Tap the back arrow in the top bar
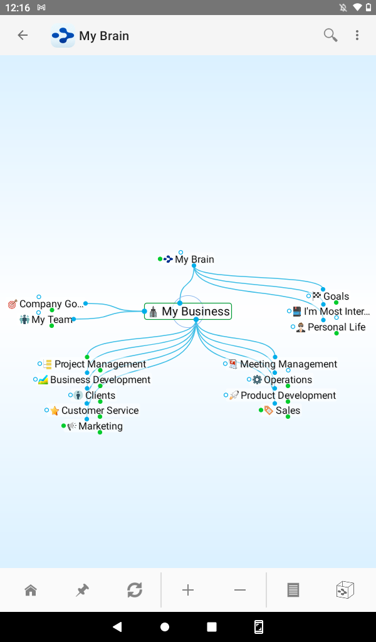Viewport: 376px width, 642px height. (23, 35)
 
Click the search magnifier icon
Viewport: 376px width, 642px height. (330, 35)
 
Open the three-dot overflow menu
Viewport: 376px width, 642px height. (357, 35)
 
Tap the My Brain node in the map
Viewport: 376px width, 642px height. (194, 259)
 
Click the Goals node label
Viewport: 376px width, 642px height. (336, 297)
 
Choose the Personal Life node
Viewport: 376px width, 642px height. (336, 327)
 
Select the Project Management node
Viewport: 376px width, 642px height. (100, 364)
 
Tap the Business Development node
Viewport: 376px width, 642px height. (100, 380)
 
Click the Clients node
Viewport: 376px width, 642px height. (100, 396)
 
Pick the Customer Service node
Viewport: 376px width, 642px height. (100, 411)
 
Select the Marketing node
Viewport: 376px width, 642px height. (100, 426)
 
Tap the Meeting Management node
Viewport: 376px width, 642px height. (288, 364)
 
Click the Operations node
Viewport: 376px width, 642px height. (288, 380)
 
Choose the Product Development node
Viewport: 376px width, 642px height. (288, 396)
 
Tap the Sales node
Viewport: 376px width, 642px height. (288, 411)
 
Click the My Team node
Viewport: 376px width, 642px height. (52, 320)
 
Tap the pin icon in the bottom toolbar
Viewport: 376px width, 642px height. (82, 590)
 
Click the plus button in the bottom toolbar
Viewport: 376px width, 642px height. (188, 590)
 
